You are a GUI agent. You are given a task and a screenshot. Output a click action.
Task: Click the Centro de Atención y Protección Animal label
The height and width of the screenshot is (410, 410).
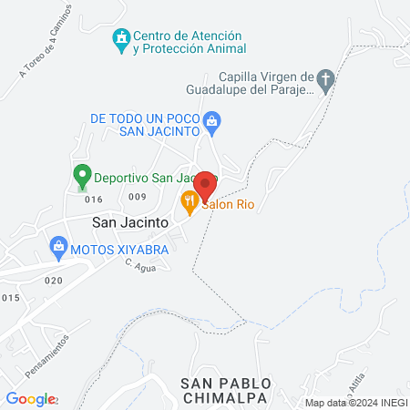(190, 43)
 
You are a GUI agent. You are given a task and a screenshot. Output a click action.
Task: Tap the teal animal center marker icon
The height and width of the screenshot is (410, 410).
(119, 37)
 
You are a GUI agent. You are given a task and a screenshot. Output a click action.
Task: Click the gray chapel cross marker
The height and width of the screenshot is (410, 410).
(326, 80)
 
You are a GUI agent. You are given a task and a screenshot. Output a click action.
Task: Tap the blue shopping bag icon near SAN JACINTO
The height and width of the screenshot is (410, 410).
(211, 119)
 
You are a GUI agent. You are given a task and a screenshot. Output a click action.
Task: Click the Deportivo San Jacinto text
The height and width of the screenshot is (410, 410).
(137, 178)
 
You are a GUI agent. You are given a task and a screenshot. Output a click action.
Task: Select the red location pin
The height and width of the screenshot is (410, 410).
(205, 184)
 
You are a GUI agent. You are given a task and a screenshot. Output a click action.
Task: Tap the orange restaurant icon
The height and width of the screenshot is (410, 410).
(190, 201)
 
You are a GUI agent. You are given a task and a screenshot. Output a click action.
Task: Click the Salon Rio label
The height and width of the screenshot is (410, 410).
(228, 205)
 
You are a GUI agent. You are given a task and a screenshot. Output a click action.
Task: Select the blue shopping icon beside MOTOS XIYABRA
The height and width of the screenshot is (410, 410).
(59, 245)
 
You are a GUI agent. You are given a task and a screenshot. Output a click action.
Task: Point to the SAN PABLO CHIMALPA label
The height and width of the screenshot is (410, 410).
(224, 390)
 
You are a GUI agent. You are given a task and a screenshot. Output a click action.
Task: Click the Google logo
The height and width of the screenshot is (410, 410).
(30, 398)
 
